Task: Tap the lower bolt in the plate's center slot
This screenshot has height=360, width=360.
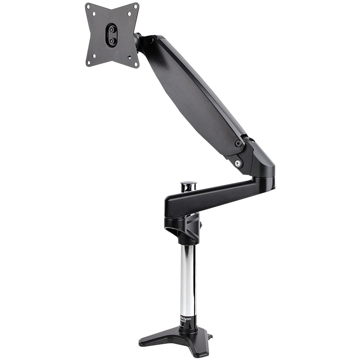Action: click(112, 41)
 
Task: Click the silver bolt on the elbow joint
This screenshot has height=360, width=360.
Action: click(238, 163)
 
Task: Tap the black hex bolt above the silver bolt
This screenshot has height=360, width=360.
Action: click(238, 143)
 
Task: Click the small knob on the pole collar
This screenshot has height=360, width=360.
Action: click(201, 225)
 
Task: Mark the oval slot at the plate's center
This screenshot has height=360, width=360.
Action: click(112, 35)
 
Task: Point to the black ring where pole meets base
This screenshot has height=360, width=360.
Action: click(188, 328)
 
